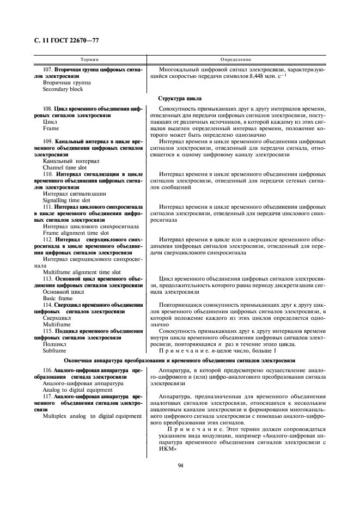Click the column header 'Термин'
click(x=89, y=58)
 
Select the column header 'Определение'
click(x=235, y=58)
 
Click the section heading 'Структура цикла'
click(x=180, y=99)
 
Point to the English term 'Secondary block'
click(x=63, y=89)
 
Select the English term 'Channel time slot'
click(x=64, y=168)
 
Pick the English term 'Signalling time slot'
click(x=66, y=200)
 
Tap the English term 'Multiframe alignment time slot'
click(x=82, y=272)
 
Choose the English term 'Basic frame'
click(x=57, y=298)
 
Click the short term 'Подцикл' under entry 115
click(x=54, y=344)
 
